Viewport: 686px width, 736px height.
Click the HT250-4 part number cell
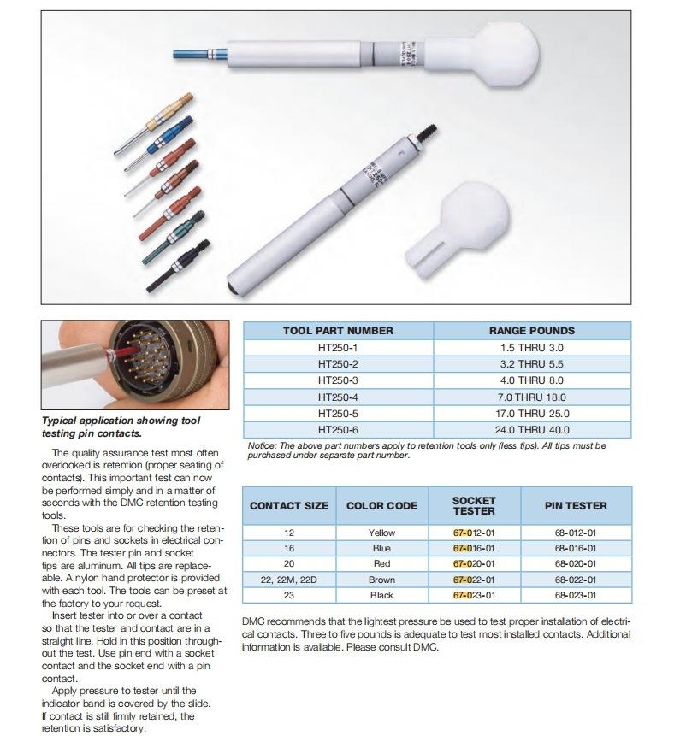(x=338, y=397)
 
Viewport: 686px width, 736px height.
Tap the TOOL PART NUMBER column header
(x=338, y=330)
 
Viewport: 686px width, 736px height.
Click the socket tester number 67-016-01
(x=473, y=548)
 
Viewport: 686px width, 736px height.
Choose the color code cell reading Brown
(x=381, y=579)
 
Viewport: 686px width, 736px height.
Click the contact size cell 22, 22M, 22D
(x=289, y=579)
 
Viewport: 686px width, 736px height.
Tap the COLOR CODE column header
(x=381, y=505)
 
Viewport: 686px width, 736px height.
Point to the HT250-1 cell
(x=338, y=348)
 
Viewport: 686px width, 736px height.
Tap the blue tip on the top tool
(x=190, y=56)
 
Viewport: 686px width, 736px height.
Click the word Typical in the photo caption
(x=62, y=421)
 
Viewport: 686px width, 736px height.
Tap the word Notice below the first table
(x=263, y=445)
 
